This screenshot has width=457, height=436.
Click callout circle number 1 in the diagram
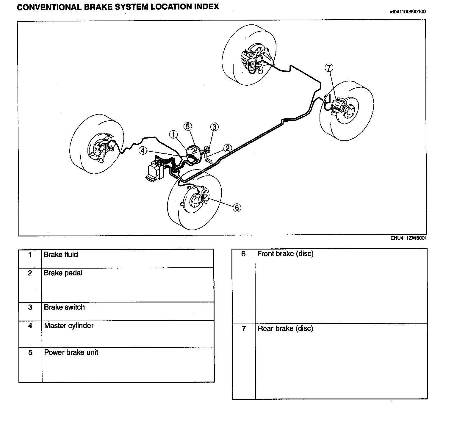point(174,135)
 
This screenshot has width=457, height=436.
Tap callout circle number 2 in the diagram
point(227,148)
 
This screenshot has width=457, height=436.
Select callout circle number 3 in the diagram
point(214,127)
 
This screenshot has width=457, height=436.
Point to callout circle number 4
point(143,151)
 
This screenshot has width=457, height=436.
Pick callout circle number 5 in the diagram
point(187,126)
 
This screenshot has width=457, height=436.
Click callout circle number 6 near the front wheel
point(237,208)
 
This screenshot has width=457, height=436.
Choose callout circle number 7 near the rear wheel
point(329,68)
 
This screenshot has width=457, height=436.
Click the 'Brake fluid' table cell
point(61,255)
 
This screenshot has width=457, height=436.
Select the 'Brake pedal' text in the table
point(63,273)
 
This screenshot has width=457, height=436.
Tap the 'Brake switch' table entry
point(64,307)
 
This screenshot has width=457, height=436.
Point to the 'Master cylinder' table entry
point(69,326)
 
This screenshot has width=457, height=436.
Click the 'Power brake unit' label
point(71,352)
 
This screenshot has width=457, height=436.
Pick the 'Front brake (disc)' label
point(285,254)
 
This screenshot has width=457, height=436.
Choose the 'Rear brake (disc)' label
point(285,329)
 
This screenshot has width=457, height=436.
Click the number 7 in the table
point(244,329)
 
